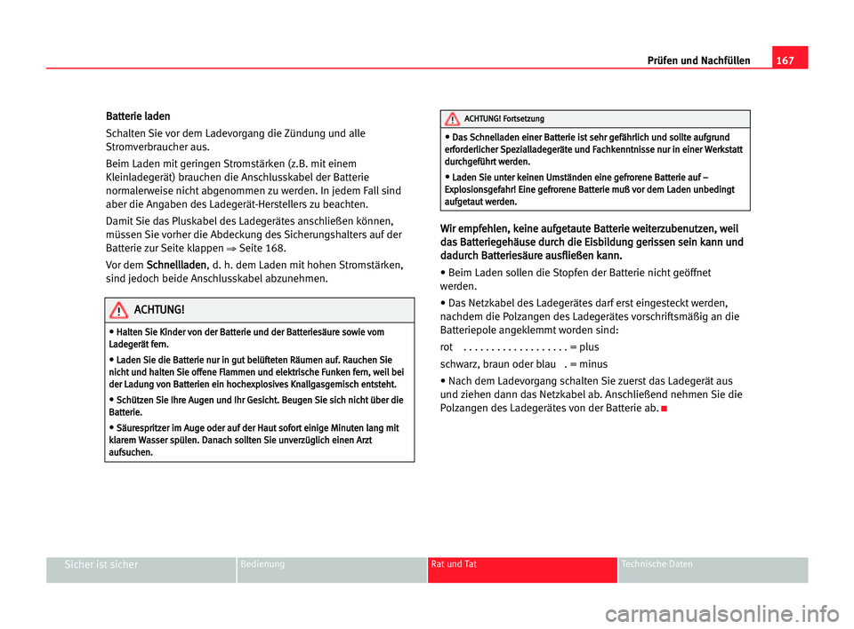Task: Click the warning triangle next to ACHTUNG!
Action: click(117, 310)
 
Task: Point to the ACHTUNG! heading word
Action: click(160, 310)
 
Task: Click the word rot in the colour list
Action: click(447, 347)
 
